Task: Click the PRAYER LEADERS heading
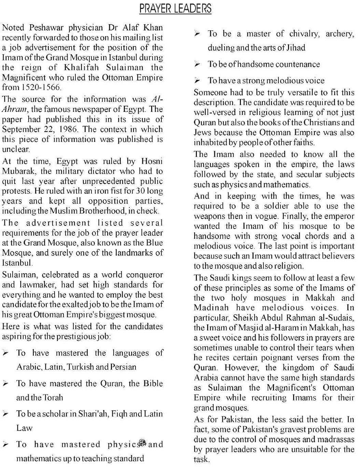click(x=175, y=9)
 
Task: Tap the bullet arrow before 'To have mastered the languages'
click(x=6, y=353)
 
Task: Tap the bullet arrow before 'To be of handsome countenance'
click(x=197, y=64)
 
